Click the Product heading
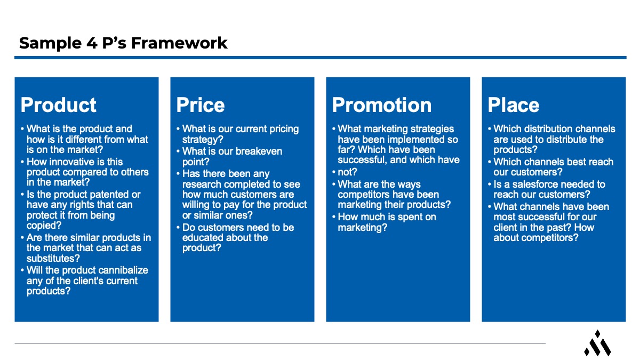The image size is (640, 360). (59, 105)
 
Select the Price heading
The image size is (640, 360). (201, 105)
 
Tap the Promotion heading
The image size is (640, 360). (382, 105)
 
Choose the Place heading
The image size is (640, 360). (514, 105)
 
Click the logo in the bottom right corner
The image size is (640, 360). (597, 343)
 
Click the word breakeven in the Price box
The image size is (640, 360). (257, 151)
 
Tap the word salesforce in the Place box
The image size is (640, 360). (547, 185)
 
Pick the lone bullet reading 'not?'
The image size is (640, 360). (347, 172)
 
